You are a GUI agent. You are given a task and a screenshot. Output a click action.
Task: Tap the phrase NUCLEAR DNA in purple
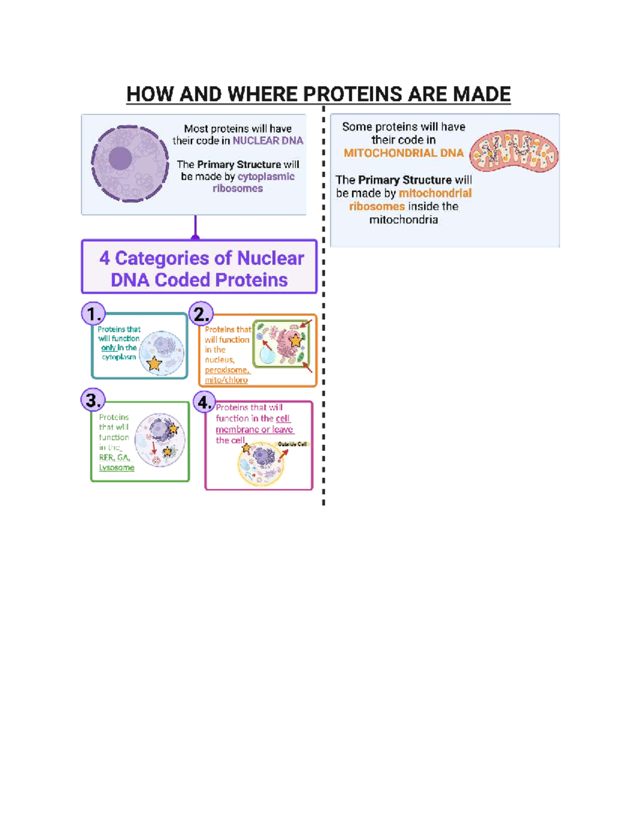coord(267,141)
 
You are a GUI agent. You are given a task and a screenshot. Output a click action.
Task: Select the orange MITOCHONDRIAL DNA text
coord(404,154)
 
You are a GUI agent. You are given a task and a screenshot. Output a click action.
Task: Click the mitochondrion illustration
coord(514,151)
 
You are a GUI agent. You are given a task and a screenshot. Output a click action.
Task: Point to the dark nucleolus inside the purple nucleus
coord(120,158)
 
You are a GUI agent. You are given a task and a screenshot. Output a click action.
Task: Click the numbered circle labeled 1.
coord(94,314)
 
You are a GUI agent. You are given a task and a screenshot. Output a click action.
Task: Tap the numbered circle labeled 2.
coord(201,314)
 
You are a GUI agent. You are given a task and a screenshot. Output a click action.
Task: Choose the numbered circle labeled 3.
coord(93,400)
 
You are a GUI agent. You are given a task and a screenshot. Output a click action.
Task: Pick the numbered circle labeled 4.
coord(204,403)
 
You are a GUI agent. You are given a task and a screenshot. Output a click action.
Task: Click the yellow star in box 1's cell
coord(154,363)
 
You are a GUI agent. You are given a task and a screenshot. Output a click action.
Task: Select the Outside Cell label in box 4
coord(292,444)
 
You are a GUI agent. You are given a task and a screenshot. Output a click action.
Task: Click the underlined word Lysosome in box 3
coord(116,467)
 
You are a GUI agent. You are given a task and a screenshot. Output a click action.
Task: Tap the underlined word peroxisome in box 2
coord(226,370)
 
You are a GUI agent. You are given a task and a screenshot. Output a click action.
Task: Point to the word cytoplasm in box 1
coord(119,357)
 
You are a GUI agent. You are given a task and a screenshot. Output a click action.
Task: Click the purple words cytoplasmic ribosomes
coord(238,182)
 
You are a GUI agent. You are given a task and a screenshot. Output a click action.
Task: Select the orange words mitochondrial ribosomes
coord(409,200)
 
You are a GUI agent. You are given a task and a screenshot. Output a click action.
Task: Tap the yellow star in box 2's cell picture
coord(295,341)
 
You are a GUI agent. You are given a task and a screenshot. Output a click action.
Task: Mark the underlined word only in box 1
coord(108,347)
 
